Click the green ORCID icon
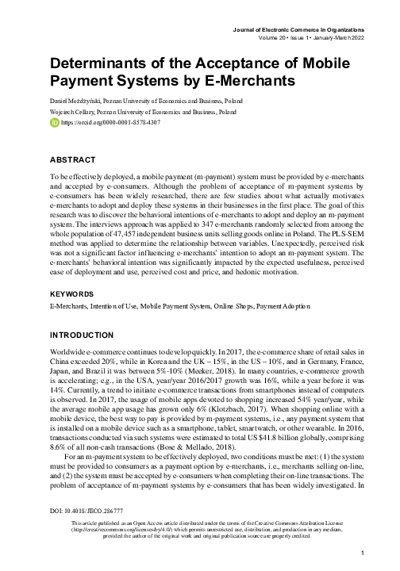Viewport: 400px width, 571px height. [x=54, y=125]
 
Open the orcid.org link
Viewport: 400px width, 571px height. [x=106, y=125]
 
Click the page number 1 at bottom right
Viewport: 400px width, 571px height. [x=362, y=553]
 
